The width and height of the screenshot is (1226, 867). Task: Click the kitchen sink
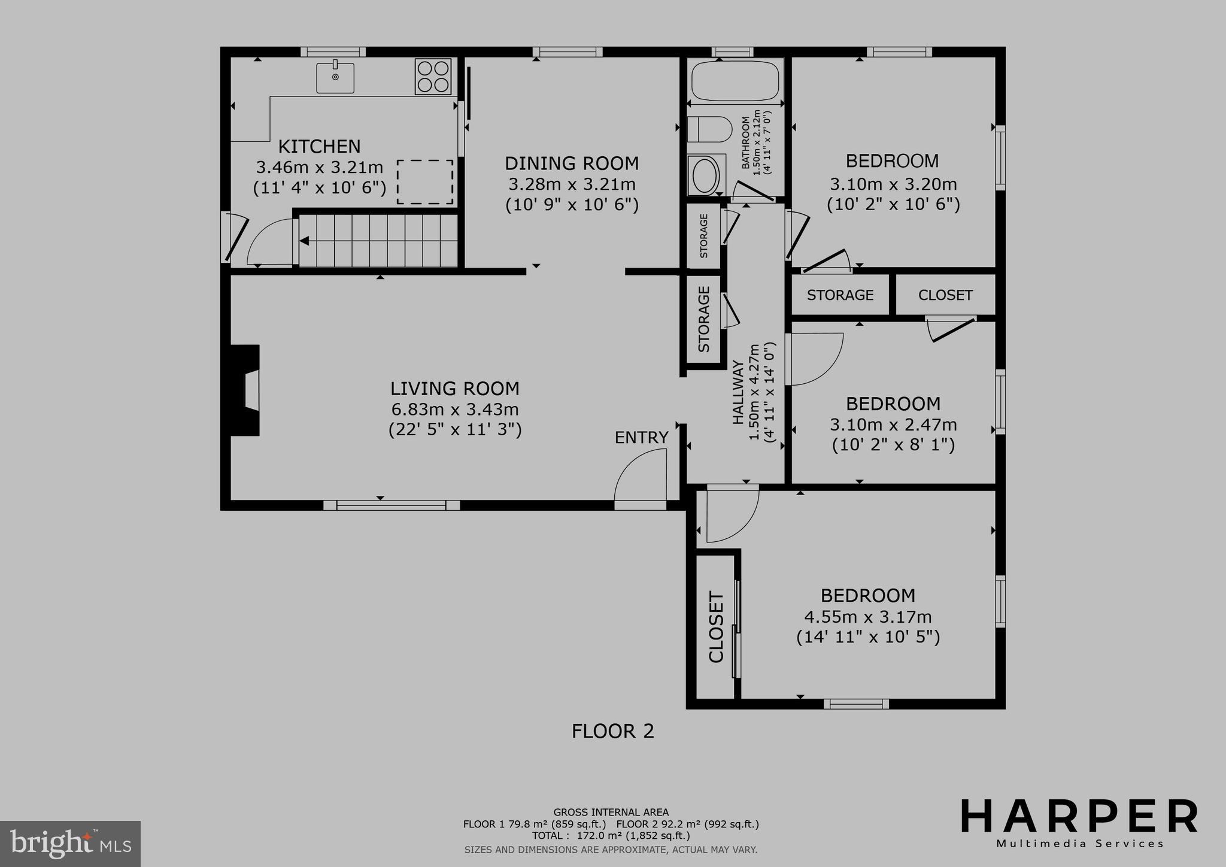tap(335, 78)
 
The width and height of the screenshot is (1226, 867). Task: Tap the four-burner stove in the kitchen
tap(433, 76)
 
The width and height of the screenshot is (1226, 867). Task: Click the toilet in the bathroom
tap(710, 129)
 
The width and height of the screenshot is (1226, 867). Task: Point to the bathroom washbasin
tap(706, 175)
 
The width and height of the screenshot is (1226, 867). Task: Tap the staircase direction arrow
tap(305, 241)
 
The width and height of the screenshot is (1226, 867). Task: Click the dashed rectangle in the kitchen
tap(425, 181)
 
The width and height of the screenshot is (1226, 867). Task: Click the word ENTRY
tap(641, 438)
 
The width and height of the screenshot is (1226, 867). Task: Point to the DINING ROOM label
tap(572, 163)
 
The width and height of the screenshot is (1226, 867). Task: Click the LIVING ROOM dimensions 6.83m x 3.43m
tap(455, 410)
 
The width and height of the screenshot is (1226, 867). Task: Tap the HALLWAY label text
tap(738, 392)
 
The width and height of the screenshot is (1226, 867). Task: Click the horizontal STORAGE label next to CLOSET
tap(840, 295)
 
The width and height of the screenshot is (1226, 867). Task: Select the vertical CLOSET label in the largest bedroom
tap(716, 627)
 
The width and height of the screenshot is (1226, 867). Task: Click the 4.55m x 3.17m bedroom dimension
tap(868, 616)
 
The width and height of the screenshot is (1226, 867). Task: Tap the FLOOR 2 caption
tap(612, 731)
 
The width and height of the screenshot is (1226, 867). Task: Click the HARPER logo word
tap(1079, 816)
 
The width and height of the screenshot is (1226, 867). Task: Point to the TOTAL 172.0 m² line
tap(611, 835)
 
